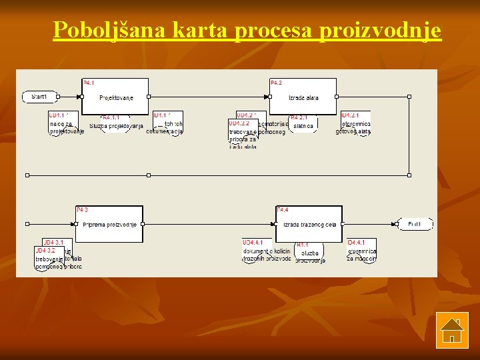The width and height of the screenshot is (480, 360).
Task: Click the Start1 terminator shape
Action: tap(39, 97)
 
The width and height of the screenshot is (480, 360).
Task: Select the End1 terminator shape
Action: tap(415, 224)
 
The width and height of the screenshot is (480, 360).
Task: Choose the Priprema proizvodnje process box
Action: tap(109, 224)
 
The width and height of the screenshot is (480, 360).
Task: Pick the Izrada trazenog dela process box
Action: tap(309, 224)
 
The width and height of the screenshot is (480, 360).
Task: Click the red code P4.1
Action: tap(89, 83)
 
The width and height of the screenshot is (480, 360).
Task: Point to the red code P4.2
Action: tap(276, 83)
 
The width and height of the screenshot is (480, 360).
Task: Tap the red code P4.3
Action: tap(82, 209)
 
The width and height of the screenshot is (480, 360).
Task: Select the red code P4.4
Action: tap(283, 210)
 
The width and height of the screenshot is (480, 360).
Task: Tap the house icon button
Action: tap(451, 330)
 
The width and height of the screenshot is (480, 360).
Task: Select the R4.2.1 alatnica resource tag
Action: tap(303, 123)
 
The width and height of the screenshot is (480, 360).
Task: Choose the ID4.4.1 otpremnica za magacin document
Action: tap(361, 250)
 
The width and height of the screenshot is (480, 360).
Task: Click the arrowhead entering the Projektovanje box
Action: tap(79, 97)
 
